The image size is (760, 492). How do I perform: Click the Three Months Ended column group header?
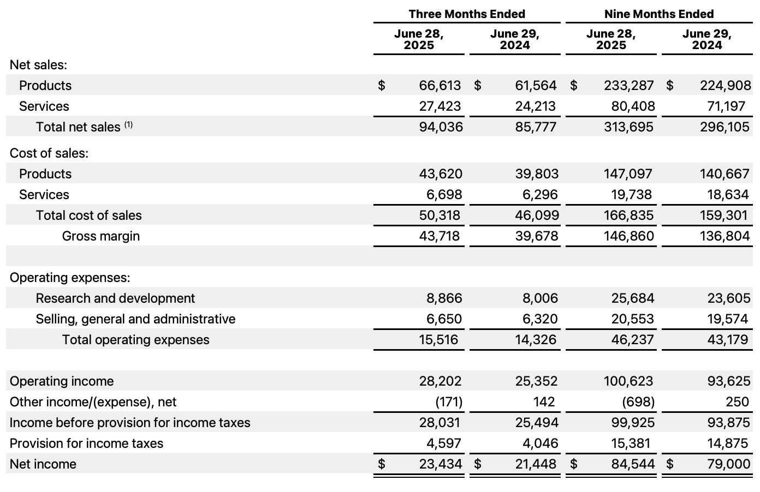pyautogui.click(x=467, y=14)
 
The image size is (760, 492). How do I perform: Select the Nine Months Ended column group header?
pyautogui.click(x=659, y=14)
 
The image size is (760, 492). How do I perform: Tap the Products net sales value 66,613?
pyautogui.click(x=440, y=86)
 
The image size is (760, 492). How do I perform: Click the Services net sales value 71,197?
pyautogui.click(x=726, y=106)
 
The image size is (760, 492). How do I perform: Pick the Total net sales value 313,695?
pyautogui.click(x=629, y=127)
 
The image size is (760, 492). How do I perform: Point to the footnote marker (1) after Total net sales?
pyautogui.click(x=128, y=125)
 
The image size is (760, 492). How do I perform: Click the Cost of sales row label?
pyautogui.click(x=49, y=153)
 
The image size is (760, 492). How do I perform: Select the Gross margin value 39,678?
pyautogui.click(x=537, y=236)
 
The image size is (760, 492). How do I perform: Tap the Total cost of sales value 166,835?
pyautogui.click(x=629, y=215)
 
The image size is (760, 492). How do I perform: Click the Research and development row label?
pyautogui.click(x=115, y=298)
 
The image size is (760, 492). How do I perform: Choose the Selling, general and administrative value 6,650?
pyautogui.click(x=444, y=319)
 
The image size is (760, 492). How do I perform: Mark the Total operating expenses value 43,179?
pyautogui.click(x=728, y=340)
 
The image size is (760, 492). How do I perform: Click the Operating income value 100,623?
pyautogui.click(x=628, y=381)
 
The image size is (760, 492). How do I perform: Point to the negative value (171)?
pyautogui.click(x=449, y=402)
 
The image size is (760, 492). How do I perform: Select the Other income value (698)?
pyautogui.click(x=638, y=402)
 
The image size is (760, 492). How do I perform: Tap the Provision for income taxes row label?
pyautogui.click(x=86, y=443)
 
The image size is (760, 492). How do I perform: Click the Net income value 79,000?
pyautogui.click(x=729, y=464)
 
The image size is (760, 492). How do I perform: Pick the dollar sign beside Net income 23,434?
pyautogui.click(x=382, y=464)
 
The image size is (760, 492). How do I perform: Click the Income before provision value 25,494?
pyautogui.click(x=537, y=423)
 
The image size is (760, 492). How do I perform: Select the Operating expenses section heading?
pyautogui.click(x=70, y=278)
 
